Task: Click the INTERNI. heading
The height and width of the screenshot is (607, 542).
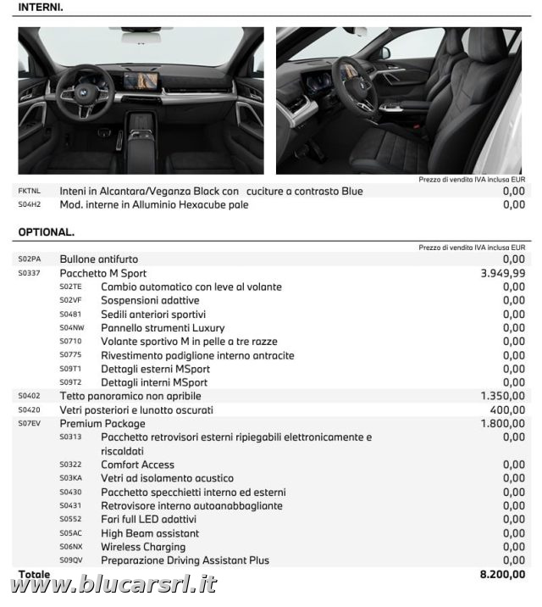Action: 41,7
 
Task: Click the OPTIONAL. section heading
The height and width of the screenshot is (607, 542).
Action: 47,231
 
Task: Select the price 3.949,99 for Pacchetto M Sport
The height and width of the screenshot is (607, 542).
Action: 502,273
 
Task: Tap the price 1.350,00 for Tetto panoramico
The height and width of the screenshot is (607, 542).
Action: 502,396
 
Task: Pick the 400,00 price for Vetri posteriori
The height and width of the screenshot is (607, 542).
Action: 508,409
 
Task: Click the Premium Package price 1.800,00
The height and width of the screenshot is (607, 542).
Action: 502,423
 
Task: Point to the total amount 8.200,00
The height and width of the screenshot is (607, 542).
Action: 502,575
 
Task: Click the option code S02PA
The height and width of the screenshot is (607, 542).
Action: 29,259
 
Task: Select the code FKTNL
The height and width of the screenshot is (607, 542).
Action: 29,192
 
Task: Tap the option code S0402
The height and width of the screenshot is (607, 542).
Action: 29,396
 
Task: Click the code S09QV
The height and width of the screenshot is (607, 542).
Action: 70,560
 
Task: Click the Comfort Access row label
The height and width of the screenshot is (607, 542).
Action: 137,465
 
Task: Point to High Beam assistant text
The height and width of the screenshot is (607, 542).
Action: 150,533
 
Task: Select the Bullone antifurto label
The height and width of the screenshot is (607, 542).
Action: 98,259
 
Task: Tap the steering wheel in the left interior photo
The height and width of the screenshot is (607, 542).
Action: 85,92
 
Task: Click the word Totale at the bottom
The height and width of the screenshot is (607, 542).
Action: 34,574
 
